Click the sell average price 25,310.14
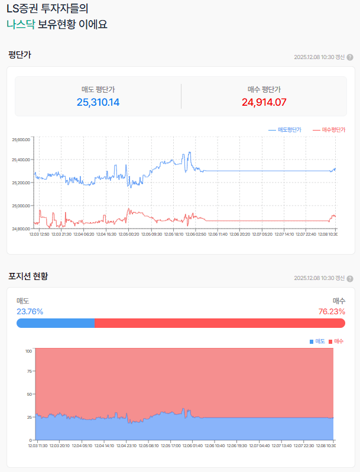98,102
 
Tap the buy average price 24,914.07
264,102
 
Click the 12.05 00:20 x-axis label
128,235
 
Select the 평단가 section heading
20,55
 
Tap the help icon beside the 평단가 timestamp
350,57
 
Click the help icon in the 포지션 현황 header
350,278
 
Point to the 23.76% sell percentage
30,311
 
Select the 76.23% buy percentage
332,311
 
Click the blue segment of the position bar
56,323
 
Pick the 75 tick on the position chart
29,372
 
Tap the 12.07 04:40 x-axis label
260,446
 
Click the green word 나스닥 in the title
21,24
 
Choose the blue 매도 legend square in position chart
312,341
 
